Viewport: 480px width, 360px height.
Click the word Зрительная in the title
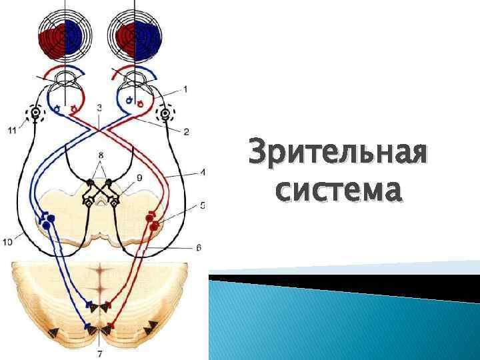[x=337, y=155]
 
